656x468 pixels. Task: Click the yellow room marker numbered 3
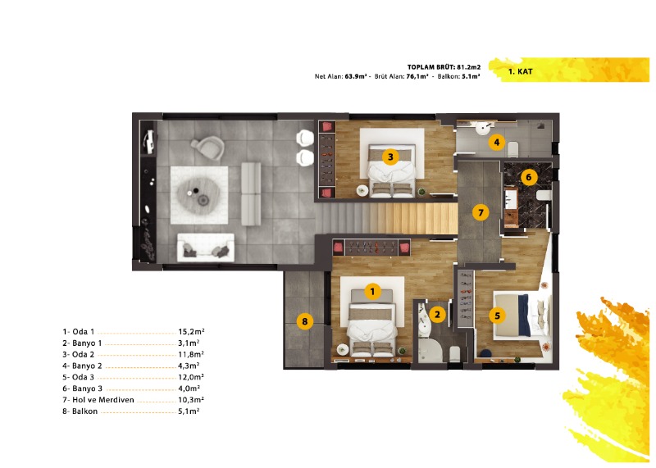(x=390, y=157)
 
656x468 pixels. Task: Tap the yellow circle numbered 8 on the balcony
(x=304, y=321)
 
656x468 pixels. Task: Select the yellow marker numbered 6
(x=528, y=177)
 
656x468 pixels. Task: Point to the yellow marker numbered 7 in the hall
(x=481, y=213)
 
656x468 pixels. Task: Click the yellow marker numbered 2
(x=437, y=314)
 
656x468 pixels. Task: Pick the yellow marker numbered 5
(x=497, y=316)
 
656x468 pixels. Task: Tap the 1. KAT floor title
(x=520, y=71)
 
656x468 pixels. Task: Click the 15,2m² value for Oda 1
(x=191, y=332)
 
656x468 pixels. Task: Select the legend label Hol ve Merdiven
(x=103, y=400)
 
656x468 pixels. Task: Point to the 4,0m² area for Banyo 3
(x=189, y=388)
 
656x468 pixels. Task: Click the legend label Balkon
(x=84, y=411)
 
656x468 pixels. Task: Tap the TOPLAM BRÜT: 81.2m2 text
(x=444, y=67)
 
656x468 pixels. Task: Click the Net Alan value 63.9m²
(x=356, y=76)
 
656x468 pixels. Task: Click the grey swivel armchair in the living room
(x=208, y=148)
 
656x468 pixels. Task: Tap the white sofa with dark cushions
(x=206, y=248)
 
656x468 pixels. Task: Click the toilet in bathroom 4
(x=512, y=148)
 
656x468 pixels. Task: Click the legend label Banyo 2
(x=87, y=366)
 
